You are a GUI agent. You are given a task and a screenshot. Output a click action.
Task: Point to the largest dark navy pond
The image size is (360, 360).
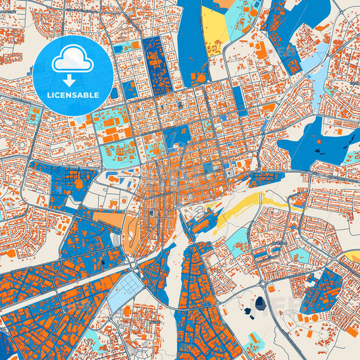[x=260, y=305]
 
